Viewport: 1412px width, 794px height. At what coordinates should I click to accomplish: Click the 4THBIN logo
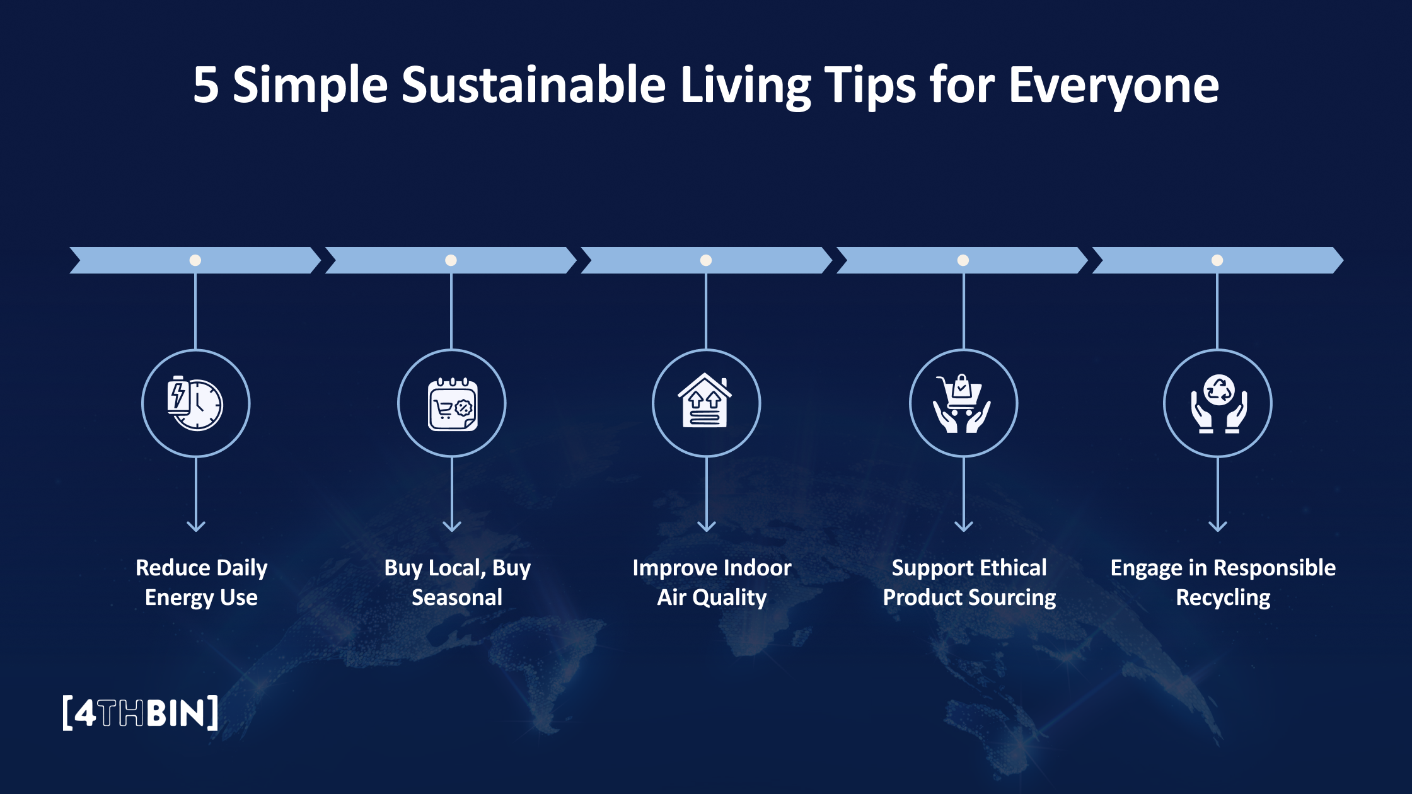tap(141, 713)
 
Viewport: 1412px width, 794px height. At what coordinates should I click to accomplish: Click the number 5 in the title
tap(205, 85)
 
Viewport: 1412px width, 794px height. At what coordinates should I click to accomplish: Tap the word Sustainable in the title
tap(533, 85)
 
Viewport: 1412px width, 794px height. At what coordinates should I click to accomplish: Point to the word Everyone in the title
tap(1113, 85)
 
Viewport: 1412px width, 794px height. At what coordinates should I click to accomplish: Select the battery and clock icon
tap(195, 404)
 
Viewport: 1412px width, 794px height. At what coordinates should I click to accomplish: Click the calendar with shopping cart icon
tap(452, 404)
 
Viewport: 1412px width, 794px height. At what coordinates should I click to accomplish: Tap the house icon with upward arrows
tap(706, 403)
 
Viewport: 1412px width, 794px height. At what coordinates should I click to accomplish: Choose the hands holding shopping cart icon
tap(963, 404)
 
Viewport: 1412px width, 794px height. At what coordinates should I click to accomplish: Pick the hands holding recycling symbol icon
tap(1218, 404)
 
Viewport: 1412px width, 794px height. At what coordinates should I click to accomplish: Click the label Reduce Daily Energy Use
tap(201, 582)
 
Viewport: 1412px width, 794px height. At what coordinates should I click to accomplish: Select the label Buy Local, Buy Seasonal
tap(457, 582)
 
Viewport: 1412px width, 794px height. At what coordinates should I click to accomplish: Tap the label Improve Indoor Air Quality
tap(712, 582)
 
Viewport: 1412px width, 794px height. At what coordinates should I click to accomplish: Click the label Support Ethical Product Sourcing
tap(969, 582)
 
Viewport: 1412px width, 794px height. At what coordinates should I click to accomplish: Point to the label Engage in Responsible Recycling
tap(1223, 582)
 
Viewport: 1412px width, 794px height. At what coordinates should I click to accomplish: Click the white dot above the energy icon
tap(195, 260)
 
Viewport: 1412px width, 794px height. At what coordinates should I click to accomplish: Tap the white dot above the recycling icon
tap(1217, 260)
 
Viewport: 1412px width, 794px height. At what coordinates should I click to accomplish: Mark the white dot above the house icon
tap(706, 260)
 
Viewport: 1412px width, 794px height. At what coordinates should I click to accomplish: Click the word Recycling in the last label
tap(1223, 597)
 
